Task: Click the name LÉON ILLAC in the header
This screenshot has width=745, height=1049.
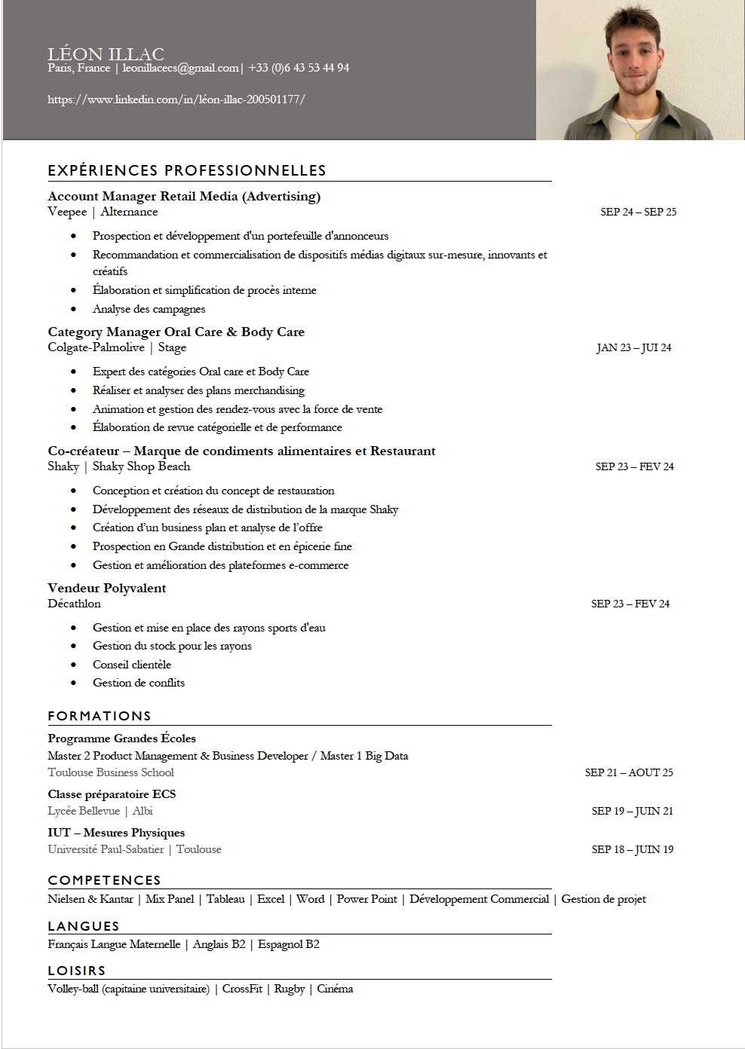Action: [x=106, y=54]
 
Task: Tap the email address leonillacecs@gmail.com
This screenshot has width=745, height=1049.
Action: [x=180, y=68]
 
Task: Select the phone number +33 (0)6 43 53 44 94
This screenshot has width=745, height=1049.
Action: [x=299, y=68]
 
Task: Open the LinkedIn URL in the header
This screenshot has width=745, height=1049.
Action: [x=176, y=99]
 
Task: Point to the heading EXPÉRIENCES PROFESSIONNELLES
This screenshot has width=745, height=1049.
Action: [x=187, y=171]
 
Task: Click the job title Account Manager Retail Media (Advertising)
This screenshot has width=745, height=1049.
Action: [x=184, y=197]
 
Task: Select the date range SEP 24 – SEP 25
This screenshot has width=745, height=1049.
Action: [x=638, y=213]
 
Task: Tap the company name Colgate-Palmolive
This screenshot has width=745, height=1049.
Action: [x=96, y=347]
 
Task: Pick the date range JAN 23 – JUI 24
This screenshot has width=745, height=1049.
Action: [x=633, y=348]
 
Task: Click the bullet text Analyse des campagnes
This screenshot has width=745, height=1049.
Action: [x=149, y=309]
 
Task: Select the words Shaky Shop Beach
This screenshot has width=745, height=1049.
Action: [x=141, y=466]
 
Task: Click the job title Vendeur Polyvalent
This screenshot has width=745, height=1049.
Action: [x=106, y=589]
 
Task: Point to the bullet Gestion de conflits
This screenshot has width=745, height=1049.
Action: [x=138, y=683]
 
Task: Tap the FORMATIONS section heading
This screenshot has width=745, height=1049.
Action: [x=100, y=716]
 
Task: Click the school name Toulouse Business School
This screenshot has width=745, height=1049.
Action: [x=111, y=772]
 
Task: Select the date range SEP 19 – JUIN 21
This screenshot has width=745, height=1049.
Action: [x=632, y=812]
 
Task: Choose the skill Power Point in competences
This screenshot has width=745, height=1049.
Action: [x=366, y=899]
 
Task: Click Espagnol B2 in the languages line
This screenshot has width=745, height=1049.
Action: [x=288, y=944]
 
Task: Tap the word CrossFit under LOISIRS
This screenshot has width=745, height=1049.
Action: [x=242, y=989]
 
